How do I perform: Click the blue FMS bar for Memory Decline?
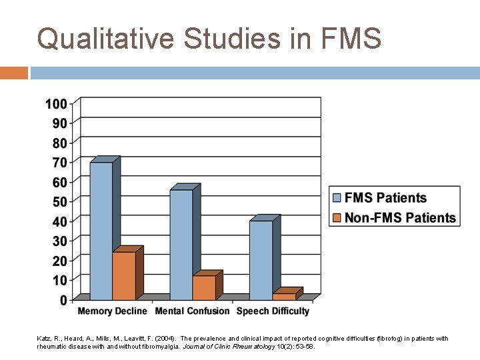click(101, 230)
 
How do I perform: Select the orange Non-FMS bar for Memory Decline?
click(124, 275)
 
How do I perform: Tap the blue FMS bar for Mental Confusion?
click(181, 244)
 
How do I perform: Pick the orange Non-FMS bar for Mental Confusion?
click(204, 287)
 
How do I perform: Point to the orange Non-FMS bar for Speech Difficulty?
click(284, 296)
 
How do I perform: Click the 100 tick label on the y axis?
click(56, 104)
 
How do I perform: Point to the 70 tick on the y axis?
click(59, 163)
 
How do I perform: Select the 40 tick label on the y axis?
click(59, 221)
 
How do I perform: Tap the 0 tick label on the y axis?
click(63, 300)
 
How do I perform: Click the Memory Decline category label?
click(113, 311)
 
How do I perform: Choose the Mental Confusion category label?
click(192, 311)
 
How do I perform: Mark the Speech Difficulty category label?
click(273, 311)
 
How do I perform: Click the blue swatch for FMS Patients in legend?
click(337, 198)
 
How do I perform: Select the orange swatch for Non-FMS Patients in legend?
click(337, 217)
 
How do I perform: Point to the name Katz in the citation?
click(43, 339)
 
